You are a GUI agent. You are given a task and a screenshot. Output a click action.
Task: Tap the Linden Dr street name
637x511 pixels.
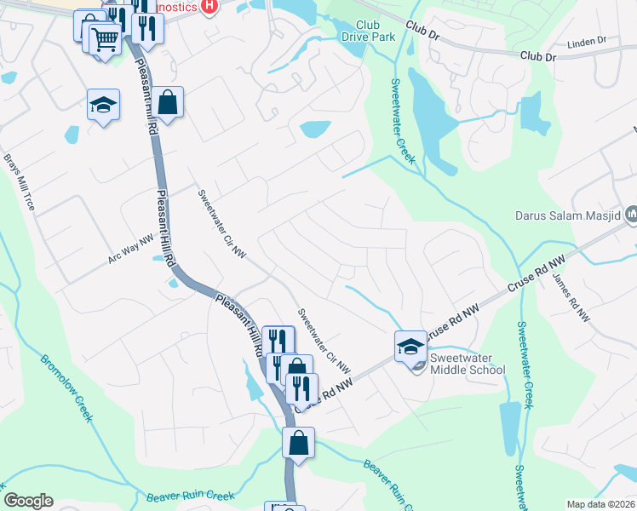point(585,41)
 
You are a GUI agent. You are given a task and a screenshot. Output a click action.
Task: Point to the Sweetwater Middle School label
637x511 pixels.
point(467,364)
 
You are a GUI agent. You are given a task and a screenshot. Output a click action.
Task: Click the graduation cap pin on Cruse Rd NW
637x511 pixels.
point(410,345)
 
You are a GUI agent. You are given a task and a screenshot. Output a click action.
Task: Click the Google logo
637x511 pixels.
point(28,501)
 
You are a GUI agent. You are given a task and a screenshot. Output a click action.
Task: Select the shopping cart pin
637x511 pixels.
point(105,38)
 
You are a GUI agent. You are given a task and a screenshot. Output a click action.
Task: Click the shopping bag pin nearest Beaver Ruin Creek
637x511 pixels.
point(299,443)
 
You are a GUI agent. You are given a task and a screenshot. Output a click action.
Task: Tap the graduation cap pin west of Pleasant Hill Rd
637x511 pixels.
point(104,106)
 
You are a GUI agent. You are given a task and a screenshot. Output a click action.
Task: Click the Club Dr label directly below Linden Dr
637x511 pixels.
point(537,56)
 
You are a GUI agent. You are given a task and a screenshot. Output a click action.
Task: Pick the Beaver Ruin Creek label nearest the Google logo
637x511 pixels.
point(178,496)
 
